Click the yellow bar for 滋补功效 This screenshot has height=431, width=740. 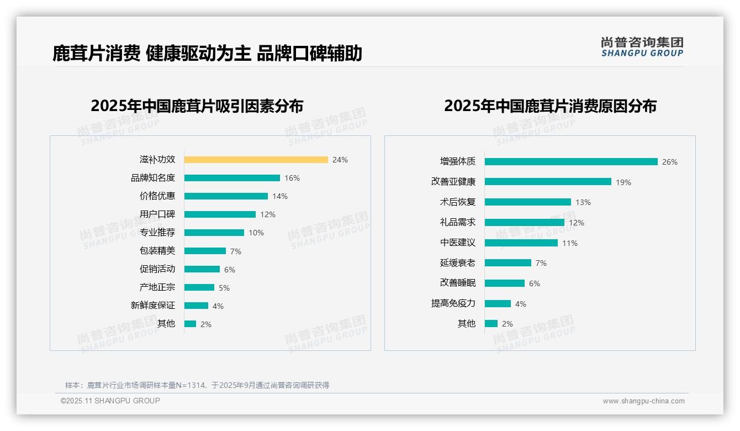(256, 160)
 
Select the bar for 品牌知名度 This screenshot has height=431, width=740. (232, 178)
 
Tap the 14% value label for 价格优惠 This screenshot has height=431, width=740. (280, 196)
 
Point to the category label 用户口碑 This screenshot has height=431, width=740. (157, 214)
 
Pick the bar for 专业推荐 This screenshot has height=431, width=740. (214, 233)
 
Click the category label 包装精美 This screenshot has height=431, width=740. (157, 251)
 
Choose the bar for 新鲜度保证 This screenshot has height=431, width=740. (196, 306)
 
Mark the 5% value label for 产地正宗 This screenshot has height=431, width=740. (224, 288)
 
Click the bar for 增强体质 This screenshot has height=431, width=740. (571, 162)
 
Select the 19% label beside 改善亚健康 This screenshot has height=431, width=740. (623, 182)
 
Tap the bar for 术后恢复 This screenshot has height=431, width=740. (527, 202)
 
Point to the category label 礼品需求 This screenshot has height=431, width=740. (457, 222)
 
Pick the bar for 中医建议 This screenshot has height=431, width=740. (521, 243)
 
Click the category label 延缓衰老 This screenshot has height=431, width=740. (457, 263)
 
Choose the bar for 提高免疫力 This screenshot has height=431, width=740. (498, 303)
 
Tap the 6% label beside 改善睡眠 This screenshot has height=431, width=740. (535, 283)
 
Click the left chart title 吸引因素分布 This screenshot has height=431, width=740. (197, 106)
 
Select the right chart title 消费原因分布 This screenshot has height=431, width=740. (550, 106)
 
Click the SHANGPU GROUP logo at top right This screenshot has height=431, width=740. (642, 47)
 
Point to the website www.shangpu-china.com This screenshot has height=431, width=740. (643, 401)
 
